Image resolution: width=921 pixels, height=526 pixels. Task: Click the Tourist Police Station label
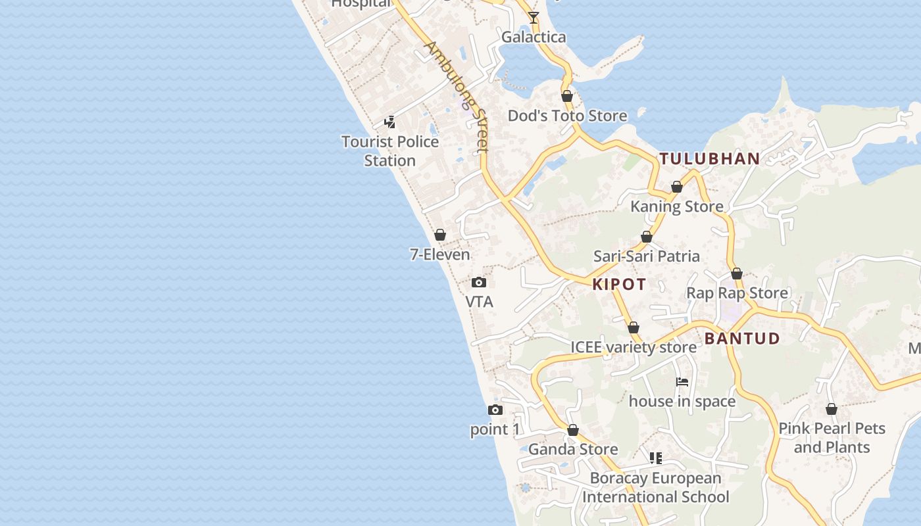390,151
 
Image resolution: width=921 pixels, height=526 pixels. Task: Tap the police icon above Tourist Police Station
390,122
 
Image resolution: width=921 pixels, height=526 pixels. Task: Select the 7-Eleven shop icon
440,235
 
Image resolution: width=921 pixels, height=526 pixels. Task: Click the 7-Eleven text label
440,254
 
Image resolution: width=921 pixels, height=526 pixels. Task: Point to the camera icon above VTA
479,283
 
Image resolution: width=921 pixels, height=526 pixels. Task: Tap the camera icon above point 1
495,410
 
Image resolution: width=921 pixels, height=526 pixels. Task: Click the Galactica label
534,37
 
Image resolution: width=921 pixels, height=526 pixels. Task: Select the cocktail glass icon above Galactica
534,18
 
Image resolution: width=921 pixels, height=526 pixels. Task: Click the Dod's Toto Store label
567,116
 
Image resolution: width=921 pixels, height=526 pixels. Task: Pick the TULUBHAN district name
710,158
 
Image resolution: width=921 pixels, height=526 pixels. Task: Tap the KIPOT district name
619,284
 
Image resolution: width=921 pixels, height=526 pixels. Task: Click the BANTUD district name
742,339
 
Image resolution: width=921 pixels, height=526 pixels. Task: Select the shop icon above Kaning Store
677,187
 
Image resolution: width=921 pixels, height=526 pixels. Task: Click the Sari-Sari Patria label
647,256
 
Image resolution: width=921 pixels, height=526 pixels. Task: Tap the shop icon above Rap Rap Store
737,274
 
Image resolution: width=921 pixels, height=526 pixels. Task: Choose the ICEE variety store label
634,347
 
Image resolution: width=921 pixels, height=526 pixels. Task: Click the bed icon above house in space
682,382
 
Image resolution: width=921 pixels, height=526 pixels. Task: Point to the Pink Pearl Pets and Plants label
832,437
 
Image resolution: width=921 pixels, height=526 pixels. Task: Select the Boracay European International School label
655,487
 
